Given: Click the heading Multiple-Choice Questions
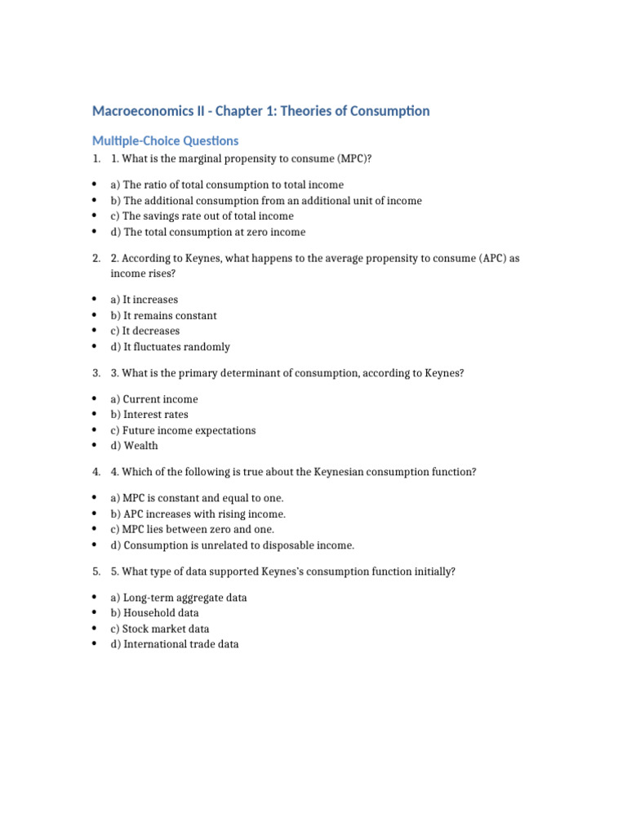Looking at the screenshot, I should [165, 141].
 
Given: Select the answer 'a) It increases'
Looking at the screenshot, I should [144, 300].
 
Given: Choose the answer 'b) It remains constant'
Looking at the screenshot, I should [163, 316].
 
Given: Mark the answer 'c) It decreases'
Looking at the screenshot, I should [145, 331].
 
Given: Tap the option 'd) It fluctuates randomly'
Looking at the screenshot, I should [170, 347].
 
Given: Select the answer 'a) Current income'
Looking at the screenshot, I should [153, 399].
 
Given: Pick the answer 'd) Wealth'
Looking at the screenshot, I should [134, 446].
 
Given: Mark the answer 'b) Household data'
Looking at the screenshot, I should [154, 613].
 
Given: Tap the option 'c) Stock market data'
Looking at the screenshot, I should [159, 629].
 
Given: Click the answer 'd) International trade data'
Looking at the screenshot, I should [175, 645].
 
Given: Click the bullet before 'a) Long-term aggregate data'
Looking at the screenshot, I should [95, 598].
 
